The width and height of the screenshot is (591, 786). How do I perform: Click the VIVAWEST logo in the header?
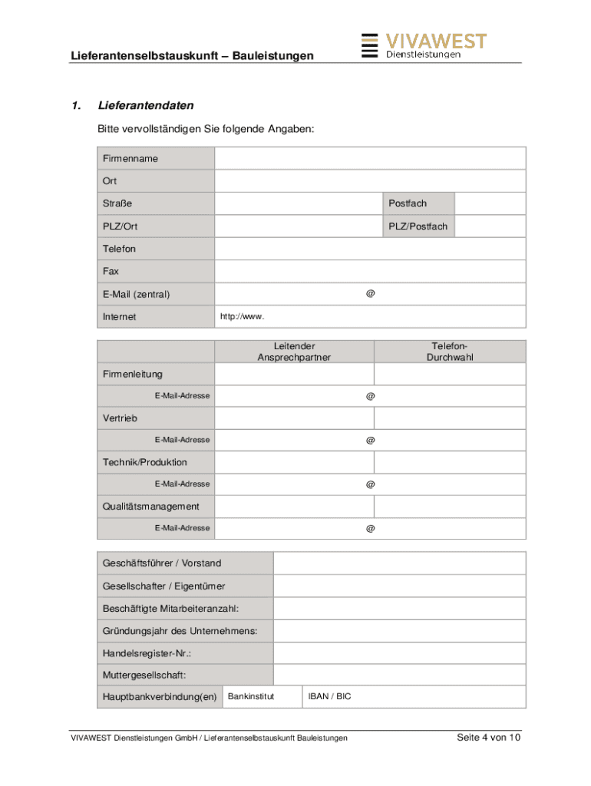[423, 45]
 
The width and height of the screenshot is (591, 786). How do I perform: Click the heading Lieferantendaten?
[146, 105]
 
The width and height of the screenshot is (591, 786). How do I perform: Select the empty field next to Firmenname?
[370, 159]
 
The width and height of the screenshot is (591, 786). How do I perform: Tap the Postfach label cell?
[418, 203]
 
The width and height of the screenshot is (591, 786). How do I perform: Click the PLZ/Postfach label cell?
[418, 226]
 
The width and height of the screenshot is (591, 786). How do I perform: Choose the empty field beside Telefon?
[370, 249]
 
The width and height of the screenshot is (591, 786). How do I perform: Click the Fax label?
[111, 271]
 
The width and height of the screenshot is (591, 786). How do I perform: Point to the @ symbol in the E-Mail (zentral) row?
[371, 293]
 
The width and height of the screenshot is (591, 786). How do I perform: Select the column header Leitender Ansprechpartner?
[294, 352]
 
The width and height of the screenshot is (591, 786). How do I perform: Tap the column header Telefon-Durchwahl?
[450, 352]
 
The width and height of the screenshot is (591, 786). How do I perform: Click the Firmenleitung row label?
[133, 374]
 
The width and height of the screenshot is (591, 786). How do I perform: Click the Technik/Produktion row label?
[145, 462]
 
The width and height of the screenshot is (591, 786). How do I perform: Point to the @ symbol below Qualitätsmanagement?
[371, 528]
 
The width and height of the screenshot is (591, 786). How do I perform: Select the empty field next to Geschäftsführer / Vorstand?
[399, 563]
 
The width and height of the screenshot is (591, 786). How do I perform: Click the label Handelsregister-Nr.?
[147, 653]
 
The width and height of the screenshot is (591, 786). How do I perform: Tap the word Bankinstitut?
[251, 697]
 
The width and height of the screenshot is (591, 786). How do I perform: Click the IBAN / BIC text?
[329, 697]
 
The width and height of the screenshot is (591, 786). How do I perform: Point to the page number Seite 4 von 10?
[489, 738]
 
